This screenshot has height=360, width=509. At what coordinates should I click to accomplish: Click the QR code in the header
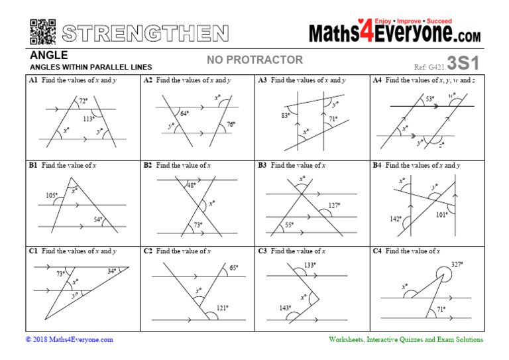pos(42,32)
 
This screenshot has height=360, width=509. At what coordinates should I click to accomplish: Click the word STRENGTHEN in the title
pos(146,33)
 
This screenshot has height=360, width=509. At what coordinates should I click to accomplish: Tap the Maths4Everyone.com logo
pos(395,32)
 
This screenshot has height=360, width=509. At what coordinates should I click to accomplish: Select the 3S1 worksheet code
pos(463,63)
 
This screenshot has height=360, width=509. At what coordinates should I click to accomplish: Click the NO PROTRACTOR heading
pos(254,60)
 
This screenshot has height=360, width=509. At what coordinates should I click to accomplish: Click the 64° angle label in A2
pos(185,113)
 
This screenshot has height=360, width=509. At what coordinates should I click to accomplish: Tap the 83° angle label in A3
pos(286,115)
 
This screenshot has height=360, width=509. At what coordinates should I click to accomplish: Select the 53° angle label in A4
pos(430,99)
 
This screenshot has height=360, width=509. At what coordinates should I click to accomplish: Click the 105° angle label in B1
pos(50,195)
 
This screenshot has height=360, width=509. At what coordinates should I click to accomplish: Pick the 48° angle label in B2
pos(192,186)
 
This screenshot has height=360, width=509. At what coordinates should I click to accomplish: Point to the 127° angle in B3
pos(334,206)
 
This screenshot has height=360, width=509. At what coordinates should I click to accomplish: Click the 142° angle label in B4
pos(395,218)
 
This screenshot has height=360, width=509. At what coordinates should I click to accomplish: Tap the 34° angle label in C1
pos(112,270)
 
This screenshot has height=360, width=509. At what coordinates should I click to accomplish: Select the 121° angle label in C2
pos(221,308)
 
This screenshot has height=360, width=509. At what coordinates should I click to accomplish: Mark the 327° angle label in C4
pos(457,264)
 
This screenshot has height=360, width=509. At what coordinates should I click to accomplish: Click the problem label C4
pos(377,251)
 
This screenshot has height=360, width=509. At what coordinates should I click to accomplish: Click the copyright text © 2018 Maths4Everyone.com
pos(70,339)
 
